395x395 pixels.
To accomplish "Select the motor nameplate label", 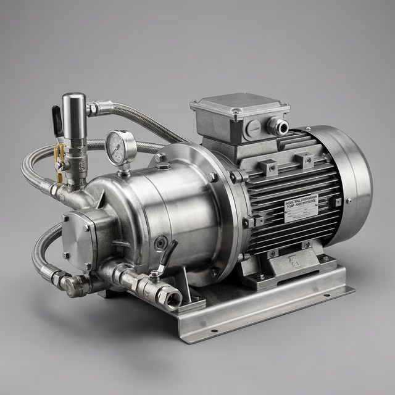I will pos(301,209).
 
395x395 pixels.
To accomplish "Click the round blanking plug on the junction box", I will pos(253,129).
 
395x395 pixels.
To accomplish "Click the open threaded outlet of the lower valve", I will pos(170,299).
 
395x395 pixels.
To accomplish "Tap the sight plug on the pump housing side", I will pos(160,243).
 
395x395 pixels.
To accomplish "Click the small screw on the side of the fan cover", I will pos(349,201).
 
